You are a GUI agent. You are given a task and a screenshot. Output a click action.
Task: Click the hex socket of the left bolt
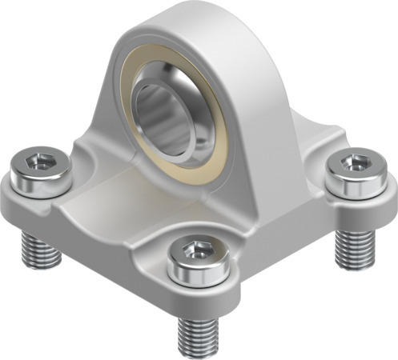[37, 162]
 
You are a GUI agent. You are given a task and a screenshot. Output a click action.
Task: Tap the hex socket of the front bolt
[196, 250]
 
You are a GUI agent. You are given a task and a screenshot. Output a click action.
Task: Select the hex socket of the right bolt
[353, 163]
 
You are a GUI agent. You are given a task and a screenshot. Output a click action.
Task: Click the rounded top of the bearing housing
[184, 20]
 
